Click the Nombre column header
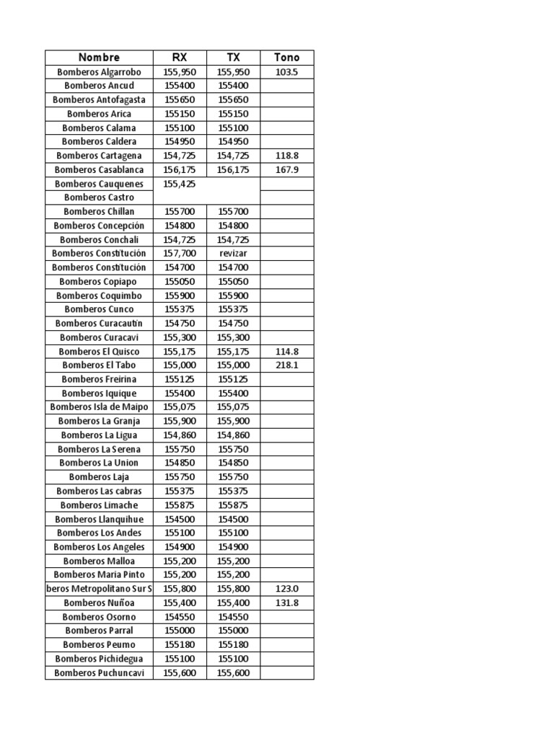pyautogui.click(x=99, y=58)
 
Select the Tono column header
pyautogui.click(x=286, y=58)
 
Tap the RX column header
pyautogui.click(x=180, y=58)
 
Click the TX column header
pyautogui.click(x=233, y=58)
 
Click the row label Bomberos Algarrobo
pyautogui.click(x=99, y=72)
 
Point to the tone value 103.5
pyautogui.click(x=286, y=72)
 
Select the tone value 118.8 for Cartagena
pyautogui.click(x=286, y=156)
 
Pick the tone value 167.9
pyautogui.click(x=286, y=170)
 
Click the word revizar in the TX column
pyautogui.click(x=233, y=254)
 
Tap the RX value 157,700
pyautogui.click(x=180, y=254)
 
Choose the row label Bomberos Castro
pyautogui.click(x=99, y=197)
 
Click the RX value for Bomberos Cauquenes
pyautogui.click(x=180, y=184)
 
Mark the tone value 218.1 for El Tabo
pyautogui.click(x=286, y=365)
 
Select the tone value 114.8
pyautogui.click(x=286, y=352)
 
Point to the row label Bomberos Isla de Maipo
pyautogui.click(x=99, y=407)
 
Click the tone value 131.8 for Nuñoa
pyautogui.click(x=286, y=603)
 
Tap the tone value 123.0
pyautogui.click(x=286, y=589)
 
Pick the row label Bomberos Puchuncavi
pyautogui.click(x=99, y=673)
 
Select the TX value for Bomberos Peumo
pyautogui.click(x=233, y=645)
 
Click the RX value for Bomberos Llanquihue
pyautogui.click(x=180, y=519)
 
